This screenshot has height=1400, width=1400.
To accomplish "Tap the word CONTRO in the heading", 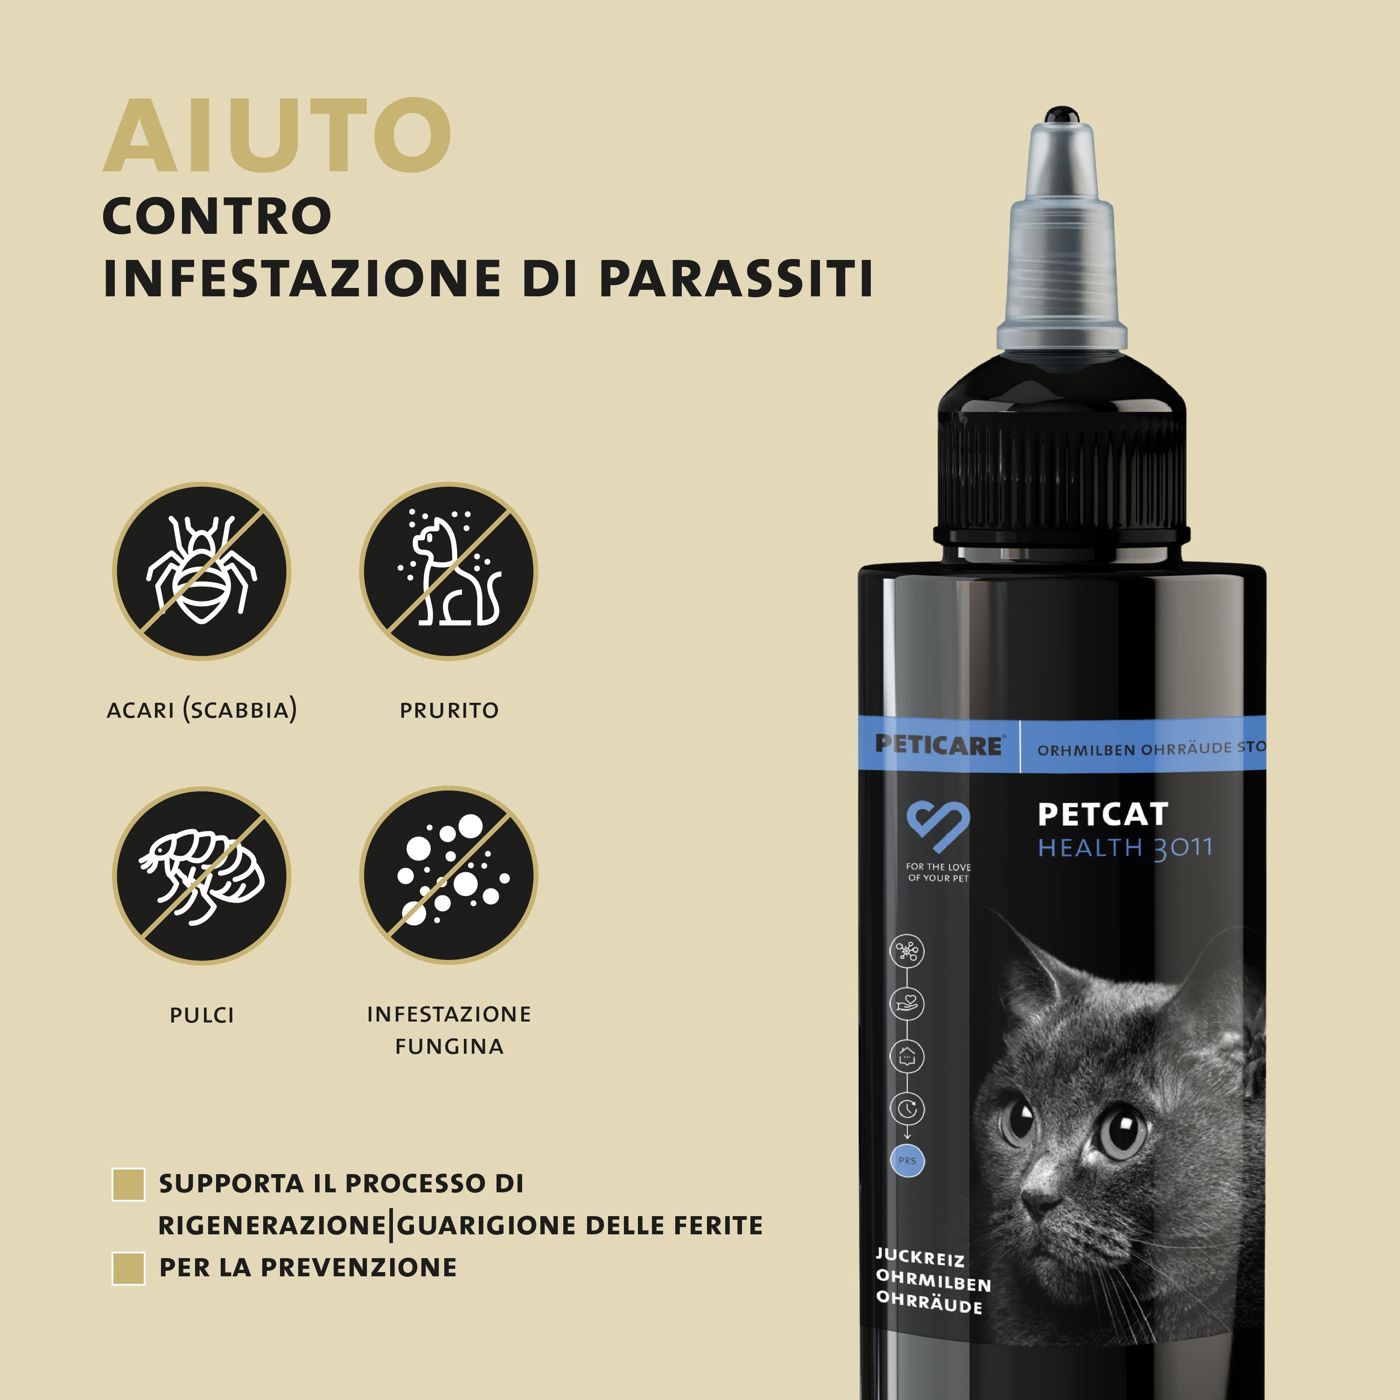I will [217, 216].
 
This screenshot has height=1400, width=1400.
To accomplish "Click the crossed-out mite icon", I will [202, 571].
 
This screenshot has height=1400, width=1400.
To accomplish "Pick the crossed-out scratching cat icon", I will [448, 571].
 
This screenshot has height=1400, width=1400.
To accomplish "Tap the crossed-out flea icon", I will [202, 875].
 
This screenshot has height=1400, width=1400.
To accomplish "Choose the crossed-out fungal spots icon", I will [448, 875].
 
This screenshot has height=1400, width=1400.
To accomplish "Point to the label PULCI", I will [202, 1015].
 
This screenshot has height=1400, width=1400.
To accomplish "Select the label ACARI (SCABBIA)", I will [202, 710].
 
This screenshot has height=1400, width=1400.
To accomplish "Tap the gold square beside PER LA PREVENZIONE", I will [129, 1268].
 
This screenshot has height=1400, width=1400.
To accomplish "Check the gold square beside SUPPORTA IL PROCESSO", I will [129, 1184].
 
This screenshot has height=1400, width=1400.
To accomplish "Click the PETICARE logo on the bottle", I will [938, 744].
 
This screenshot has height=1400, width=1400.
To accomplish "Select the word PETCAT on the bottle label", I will [1102, 814].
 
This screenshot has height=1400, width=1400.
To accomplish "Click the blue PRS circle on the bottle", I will [907, 1160].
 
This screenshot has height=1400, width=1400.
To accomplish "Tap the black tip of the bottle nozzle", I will [1062, 114].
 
